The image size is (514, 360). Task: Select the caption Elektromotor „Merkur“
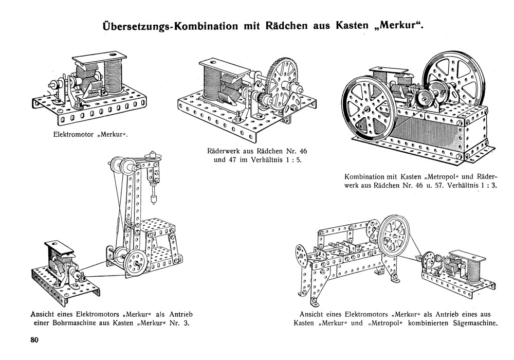[90, 136]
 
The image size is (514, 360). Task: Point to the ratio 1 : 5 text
[295, 161]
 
